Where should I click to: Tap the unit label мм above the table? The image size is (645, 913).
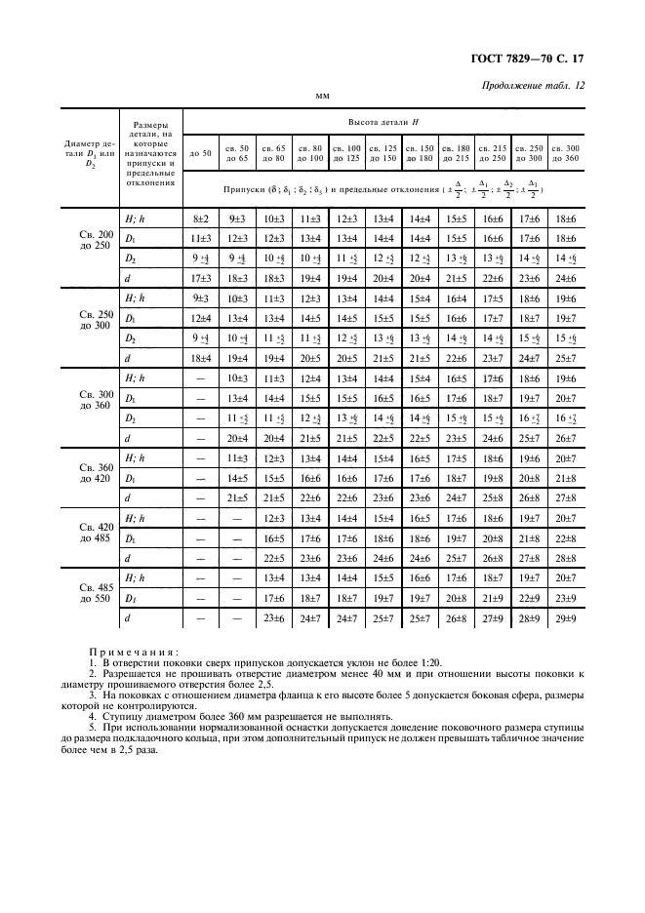322,98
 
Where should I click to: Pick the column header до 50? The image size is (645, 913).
201,152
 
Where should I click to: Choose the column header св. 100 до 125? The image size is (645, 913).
346,152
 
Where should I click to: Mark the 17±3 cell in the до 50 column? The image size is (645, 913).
201,279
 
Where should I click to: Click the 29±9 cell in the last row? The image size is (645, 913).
563,618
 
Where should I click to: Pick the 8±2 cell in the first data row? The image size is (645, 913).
201,220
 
